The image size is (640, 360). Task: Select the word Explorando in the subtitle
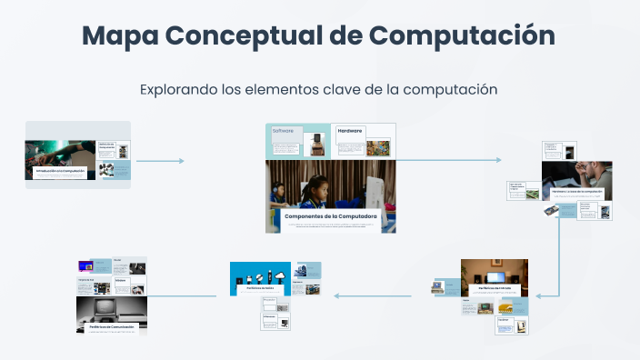[178, 89]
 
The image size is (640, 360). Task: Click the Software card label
[285, 131]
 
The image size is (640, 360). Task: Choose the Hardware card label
[350, 131]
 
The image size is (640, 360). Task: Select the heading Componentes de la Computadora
[330, 215]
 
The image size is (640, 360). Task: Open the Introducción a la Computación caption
[60, 170]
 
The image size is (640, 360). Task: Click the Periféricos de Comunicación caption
[112, 325]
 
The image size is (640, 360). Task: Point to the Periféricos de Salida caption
[260, 287]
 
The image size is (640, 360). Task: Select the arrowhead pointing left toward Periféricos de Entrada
[539, 295]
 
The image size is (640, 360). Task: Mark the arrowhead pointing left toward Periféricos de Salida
[335, 295]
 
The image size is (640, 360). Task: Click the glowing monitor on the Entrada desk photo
[496, 275]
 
